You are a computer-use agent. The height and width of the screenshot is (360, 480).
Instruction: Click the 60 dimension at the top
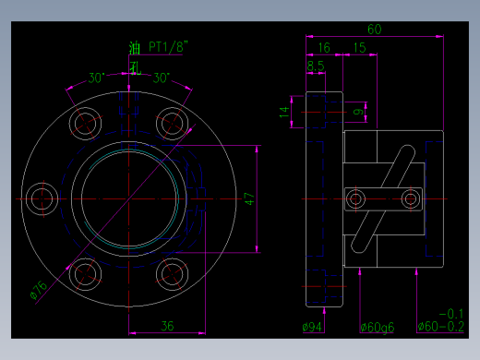(374, 29)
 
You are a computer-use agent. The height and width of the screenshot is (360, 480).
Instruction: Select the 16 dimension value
(324, 47)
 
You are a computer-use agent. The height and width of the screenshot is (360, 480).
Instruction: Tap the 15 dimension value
(358, 47)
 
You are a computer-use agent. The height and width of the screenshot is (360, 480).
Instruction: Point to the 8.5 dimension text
(315, 66)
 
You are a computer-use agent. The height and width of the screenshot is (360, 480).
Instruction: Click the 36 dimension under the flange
(168, 325)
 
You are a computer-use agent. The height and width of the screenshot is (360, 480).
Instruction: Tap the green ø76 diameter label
(39, 290)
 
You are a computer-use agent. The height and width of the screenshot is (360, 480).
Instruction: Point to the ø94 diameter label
(312, 326)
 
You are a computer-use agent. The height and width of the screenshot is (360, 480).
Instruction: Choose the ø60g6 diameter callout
(377, 326)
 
